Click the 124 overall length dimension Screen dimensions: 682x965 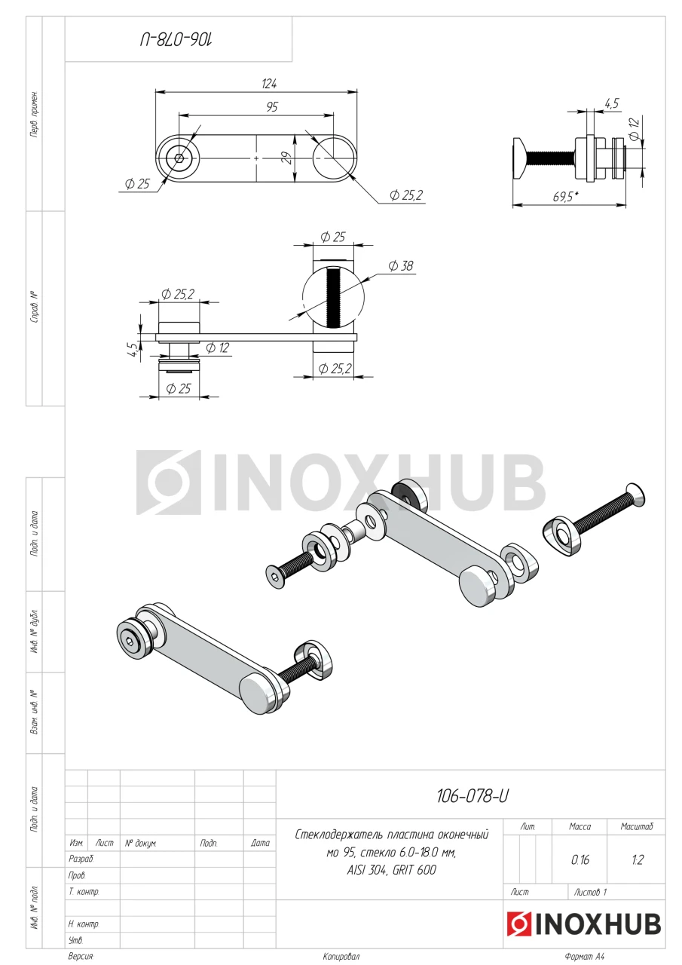[269, 84]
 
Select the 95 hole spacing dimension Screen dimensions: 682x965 [272, 107]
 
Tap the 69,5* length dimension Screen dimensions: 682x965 [565, 197]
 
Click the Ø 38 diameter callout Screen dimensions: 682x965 [401, 266]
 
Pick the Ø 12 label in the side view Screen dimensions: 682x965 [634, 129]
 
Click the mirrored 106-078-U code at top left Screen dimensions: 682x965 [176, 41]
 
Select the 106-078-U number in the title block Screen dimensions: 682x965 [473, 796]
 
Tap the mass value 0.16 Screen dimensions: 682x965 [580, 860]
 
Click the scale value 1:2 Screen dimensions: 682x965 [638, 860]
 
